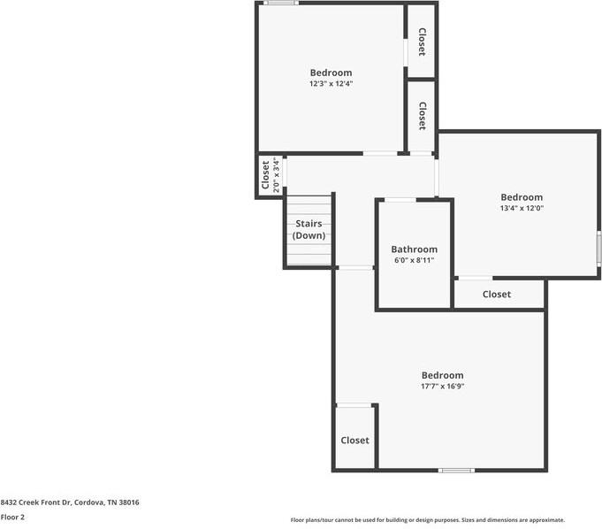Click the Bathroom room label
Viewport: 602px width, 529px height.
click(414, 249)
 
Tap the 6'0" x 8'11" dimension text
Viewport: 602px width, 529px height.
click(414, 261)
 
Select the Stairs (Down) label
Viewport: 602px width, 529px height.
click(309, 230)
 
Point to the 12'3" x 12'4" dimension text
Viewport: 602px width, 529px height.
click(331, 84)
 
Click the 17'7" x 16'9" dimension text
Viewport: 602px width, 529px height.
click(442, 387)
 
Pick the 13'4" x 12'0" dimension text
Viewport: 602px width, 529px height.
click(522, 209)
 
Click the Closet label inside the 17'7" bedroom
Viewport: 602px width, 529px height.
click(354, 440)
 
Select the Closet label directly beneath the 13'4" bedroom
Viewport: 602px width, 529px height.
click(496, 294)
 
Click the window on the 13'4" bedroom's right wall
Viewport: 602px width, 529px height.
click(598, 243)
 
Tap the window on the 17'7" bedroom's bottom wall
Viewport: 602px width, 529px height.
click(457, 470)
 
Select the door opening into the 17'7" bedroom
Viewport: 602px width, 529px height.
click(355, 267)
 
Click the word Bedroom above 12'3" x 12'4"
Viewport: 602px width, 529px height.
click(331, 73)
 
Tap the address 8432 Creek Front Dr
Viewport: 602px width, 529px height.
click(70, 502)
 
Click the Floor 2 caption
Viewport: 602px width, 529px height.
click(12, 517)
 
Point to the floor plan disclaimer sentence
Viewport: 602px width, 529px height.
click(427, 520)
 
